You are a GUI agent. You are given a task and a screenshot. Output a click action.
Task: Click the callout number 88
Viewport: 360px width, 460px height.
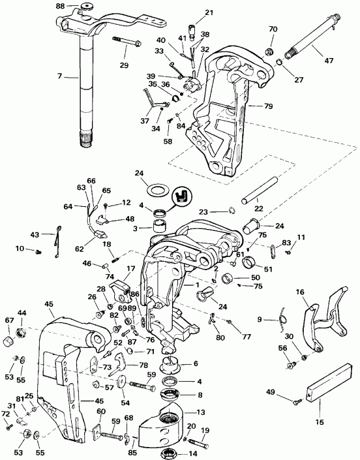click(x=60, y=7)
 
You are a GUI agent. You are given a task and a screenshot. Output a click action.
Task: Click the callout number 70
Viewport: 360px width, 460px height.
click(x=273, y=29)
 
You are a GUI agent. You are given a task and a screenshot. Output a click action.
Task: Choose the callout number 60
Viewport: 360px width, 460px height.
click(x=101, y=411)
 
